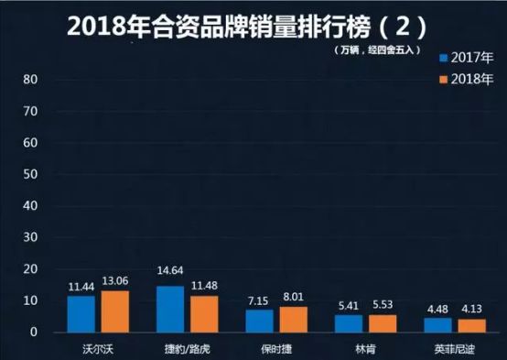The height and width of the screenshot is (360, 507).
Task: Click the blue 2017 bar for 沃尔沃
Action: [81, 313]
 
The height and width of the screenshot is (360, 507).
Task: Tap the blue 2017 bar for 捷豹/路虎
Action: [170, 309]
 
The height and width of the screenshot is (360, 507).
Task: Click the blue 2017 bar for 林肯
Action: [349, 322]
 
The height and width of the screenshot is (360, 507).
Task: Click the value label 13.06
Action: [116, 280]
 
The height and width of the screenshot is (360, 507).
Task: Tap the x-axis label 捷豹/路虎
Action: [189, 348]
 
